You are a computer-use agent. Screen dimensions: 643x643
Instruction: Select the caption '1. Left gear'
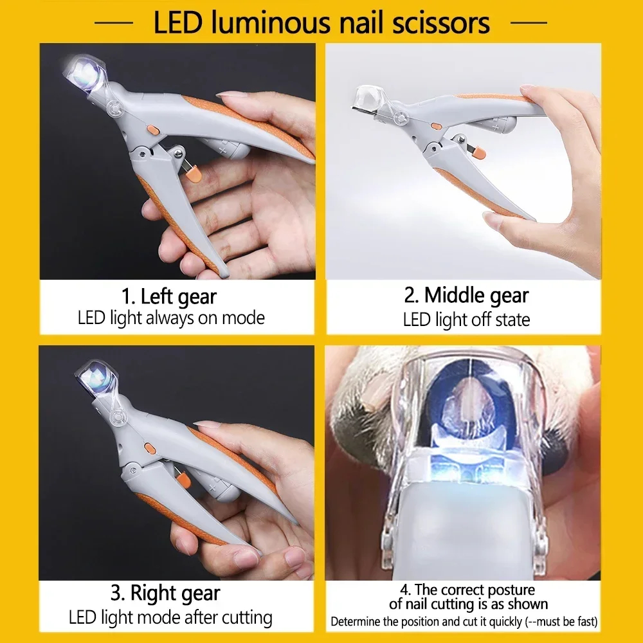(169, 296)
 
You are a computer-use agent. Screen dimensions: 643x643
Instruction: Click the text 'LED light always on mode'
(171, 318)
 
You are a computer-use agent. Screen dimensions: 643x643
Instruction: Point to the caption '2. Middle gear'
(466, 295)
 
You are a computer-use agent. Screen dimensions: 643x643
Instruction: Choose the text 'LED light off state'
(466, 319)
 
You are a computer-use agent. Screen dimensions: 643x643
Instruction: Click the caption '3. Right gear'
(165, 593)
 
